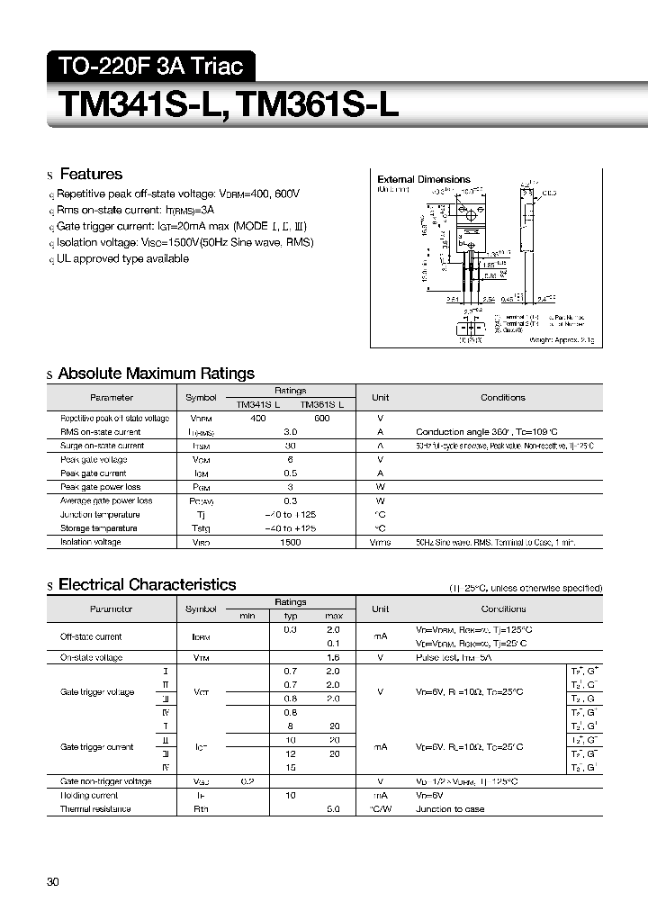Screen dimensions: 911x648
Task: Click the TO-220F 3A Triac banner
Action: [150, 66]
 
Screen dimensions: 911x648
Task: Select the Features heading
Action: [90, 174]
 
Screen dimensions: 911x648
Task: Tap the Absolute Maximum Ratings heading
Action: [156, 374]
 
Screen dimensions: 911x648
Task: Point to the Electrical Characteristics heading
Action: [147, 585]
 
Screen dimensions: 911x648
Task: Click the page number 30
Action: [53, 882]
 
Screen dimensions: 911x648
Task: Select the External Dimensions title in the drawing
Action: [423, 179]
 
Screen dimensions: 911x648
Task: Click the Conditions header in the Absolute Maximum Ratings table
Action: [502, 397]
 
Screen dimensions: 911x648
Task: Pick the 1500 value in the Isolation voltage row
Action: [290, 542]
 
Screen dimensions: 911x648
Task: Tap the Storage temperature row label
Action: [99, 528]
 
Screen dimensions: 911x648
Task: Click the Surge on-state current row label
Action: [102, 446]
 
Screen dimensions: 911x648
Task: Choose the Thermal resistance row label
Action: [95, 809]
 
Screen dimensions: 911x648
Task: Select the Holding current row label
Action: [89, 796]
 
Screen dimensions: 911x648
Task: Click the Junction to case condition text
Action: [449, 809]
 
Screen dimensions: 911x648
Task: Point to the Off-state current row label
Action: [91, 636]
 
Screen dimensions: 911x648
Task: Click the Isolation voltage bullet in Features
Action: [184, 242]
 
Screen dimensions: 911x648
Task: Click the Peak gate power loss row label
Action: [94, 487]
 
